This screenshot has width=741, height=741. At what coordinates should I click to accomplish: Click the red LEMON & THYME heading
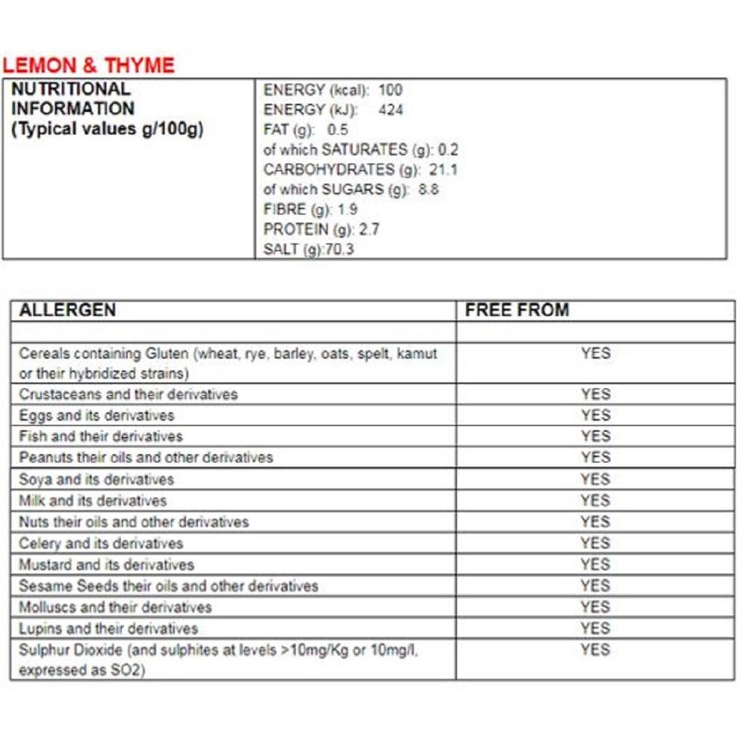pyautogui.click(x=88, y=65)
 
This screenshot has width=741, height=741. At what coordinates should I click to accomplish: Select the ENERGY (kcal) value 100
pyautogui.click(x=390, y=90)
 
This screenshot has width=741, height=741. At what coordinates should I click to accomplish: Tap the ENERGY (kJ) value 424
pyautogui.click(x=391, y=110)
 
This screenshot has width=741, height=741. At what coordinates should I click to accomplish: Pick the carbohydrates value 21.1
pyautogui.click(x=443, y=170)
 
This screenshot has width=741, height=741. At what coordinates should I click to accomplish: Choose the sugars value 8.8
pyautogui.click(x=429, y=190)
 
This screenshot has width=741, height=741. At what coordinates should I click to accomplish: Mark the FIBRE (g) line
pyautogui.click(x=310, y=210)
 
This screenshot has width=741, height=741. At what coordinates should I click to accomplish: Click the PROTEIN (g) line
pyautogui.click(x=321, y=229)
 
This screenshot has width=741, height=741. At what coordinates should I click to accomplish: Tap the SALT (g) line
pyautogui.click(x=309, y=249)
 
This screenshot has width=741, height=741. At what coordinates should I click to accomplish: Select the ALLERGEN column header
pyautogui.click(x=67, y=310)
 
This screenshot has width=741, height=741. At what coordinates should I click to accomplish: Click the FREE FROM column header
pyautogui.click(x=517, y=310)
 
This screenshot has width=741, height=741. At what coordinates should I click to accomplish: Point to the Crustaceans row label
pyautogui.click(x=128, y=394)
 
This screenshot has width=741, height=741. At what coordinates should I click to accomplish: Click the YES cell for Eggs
pyautogui.click(x=595, y=415)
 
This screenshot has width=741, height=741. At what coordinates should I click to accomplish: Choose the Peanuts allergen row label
pyautogui.click(x=146, y=457)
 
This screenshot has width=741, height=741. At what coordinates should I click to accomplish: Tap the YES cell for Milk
pyautogui.click(x=595, y=500)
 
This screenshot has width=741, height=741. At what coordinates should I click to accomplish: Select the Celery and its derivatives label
pyautogui.click(x=101, y=543)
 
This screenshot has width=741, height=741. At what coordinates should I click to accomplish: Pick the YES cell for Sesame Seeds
pyautogui.click(x=595, y=586)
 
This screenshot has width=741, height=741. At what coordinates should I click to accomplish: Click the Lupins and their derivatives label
pyautogui.click(x=108, y=628)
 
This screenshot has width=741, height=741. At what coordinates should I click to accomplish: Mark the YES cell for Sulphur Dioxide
pyautogui.click(x=595, y=650)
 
